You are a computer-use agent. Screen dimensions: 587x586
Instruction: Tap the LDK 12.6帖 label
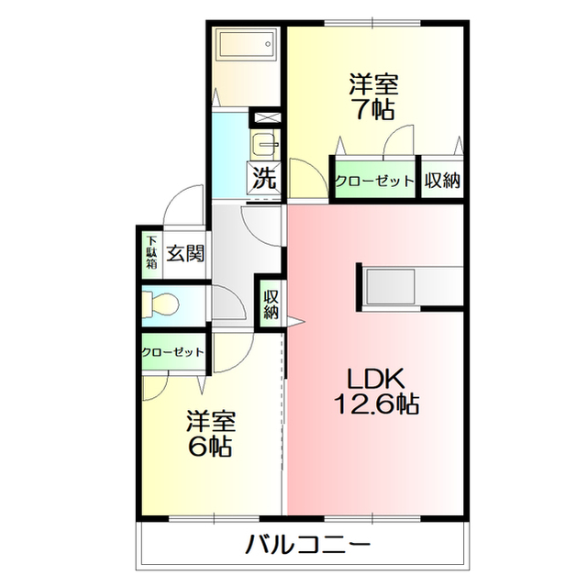click(376, 392)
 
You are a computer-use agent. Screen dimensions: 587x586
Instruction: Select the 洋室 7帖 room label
click(373, 96)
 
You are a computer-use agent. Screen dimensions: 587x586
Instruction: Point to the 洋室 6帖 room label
click(211, 434)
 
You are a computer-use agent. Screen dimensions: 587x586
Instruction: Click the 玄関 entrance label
click(185, 253)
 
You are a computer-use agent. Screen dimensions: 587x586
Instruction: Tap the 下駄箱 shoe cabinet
click(151, 252)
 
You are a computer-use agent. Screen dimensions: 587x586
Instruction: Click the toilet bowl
click(161, 305)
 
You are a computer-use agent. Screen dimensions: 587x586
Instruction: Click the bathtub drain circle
click(268, 44)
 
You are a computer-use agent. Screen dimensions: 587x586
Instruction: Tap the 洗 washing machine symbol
click(264, 178)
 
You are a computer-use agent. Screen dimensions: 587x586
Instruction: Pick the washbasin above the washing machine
click(265, 144)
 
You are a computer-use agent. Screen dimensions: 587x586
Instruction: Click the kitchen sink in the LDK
click(390, 287)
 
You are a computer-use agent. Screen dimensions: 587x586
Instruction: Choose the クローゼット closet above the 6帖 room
click(173, 352)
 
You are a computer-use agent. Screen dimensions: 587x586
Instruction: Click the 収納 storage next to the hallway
click(271, 304)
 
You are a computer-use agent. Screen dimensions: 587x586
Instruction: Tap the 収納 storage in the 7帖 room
click(442, 180)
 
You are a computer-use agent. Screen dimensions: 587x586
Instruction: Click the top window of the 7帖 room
click(373, 23)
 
